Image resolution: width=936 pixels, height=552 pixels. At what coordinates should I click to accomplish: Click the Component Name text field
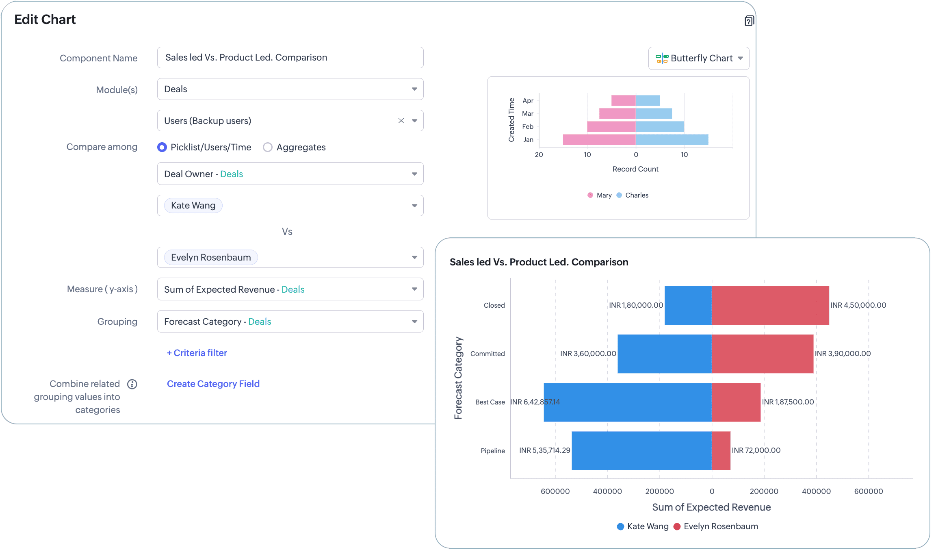(x=290, y=58)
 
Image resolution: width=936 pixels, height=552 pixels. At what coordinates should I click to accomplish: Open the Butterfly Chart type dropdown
(x=699, y=59)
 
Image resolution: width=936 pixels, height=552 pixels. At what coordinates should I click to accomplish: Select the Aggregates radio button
(x=268, y=147)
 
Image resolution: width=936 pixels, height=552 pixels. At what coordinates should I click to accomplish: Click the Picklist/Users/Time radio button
(x=162, y=147)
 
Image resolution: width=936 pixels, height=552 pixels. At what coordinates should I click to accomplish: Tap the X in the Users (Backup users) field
(x=401, y=121)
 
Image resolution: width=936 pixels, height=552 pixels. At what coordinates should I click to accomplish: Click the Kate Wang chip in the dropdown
(x=193, y=206)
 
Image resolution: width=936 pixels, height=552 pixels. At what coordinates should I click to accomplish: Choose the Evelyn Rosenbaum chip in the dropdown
(x=211, y=258)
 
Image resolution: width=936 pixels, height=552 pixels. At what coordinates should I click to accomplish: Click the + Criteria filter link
(x=197, y=353)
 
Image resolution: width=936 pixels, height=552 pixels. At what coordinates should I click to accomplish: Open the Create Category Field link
(x=213, y=384)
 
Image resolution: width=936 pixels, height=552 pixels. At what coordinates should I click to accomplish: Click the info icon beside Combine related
(x=132, y=384)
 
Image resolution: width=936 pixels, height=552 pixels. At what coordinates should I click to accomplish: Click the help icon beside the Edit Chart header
(x=749, y=21)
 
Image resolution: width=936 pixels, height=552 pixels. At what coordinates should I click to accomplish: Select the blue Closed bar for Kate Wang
(x=688, y=305)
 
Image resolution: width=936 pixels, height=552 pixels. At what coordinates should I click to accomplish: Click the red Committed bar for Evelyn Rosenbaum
(x=762, y=354)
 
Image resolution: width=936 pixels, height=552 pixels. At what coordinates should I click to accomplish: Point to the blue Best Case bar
(x=628, y=402)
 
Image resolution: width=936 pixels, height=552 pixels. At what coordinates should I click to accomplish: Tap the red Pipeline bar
(x=721, y=451)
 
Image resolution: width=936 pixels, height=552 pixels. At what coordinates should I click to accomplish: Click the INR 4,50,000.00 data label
(x=858, y=305)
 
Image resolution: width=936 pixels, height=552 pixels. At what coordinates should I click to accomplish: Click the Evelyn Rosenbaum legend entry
(x=716, y=526)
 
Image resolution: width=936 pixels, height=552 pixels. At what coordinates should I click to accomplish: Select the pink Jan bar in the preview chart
(x=599, y=139)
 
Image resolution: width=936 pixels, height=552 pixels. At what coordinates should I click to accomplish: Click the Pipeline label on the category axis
(x=493, y=451)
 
